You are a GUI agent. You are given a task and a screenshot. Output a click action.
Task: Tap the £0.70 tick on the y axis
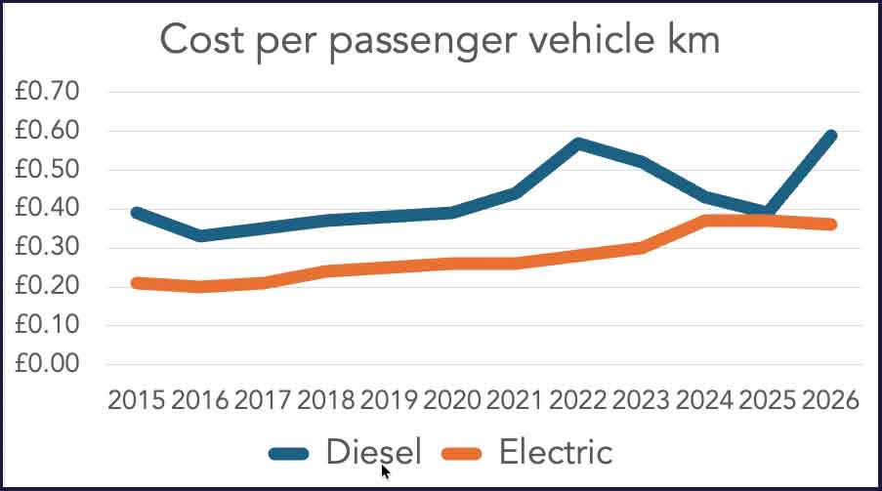(47, 91)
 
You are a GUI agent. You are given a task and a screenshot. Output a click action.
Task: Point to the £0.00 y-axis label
(47, 363)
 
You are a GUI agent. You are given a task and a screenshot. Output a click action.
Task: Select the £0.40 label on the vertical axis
(47, 208)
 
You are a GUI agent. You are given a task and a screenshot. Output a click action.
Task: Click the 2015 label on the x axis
(137, 400)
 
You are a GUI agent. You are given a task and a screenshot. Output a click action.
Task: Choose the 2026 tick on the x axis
(830, 400)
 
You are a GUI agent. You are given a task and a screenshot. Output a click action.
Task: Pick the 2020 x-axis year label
(451, 400)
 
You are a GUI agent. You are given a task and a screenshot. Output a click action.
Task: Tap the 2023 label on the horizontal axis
(641, 400)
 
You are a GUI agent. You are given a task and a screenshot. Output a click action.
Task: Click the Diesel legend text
(373, 452)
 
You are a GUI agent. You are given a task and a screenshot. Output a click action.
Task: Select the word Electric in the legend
(556, 452)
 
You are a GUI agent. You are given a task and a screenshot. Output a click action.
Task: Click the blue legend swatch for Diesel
(288, 454)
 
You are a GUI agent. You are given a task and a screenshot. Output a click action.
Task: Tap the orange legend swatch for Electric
(462, 454)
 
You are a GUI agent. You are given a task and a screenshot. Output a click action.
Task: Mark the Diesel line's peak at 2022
(578, 144)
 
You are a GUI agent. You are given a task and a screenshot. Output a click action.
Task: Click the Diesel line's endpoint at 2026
(830, 136)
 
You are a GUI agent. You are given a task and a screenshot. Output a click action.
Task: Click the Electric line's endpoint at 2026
(830, 225)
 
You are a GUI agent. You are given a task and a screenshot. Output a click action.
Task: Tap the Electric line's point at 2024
(704, 221)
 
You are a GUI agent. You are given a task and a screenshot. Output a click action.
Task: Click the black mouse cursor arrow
(385, 471)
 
